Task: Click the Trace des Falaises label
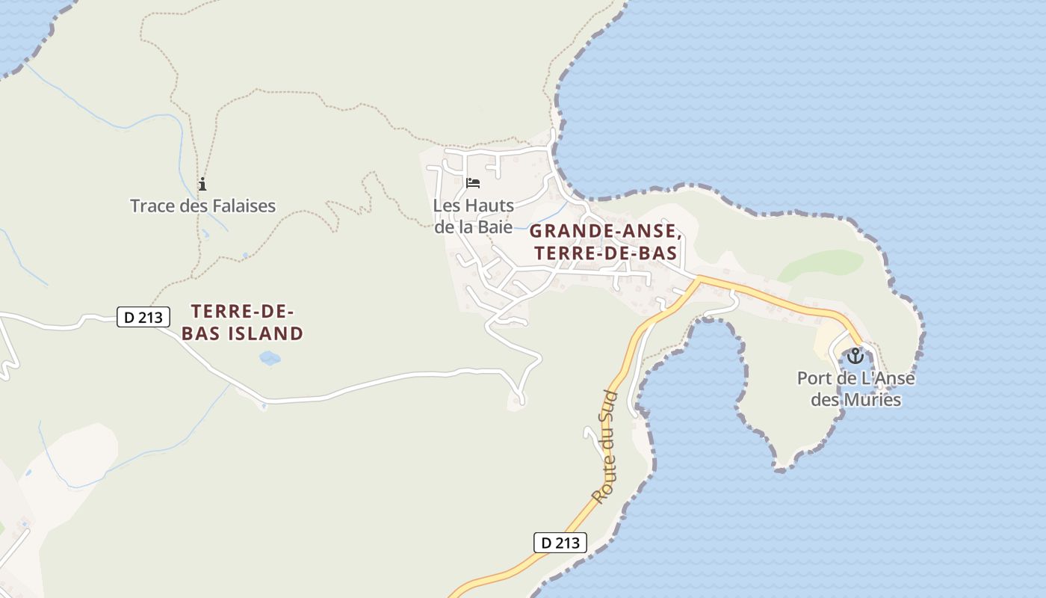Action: pos(203,206)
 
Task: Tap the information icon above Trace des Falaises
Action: pos(202,184)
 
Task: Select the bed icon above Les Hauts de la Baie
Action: pos(473,182)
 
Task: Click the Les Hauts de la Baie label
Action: pos(474,216)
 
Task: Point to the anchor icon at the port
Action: pos(855,356)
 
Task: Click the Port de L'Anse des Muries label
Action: pos(855,389)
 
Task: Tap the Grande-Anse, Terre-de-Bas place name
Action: pos(605,241)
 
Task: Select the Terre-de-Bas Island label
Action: pos(242,322)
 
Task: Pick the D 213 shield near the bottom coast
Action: pos(560,543)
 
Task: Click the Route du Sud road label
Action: pos(606,446)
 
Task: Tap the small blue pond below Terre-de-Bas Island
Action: pos(270,358)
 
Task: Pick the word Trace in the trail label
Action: pos(153,206)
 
